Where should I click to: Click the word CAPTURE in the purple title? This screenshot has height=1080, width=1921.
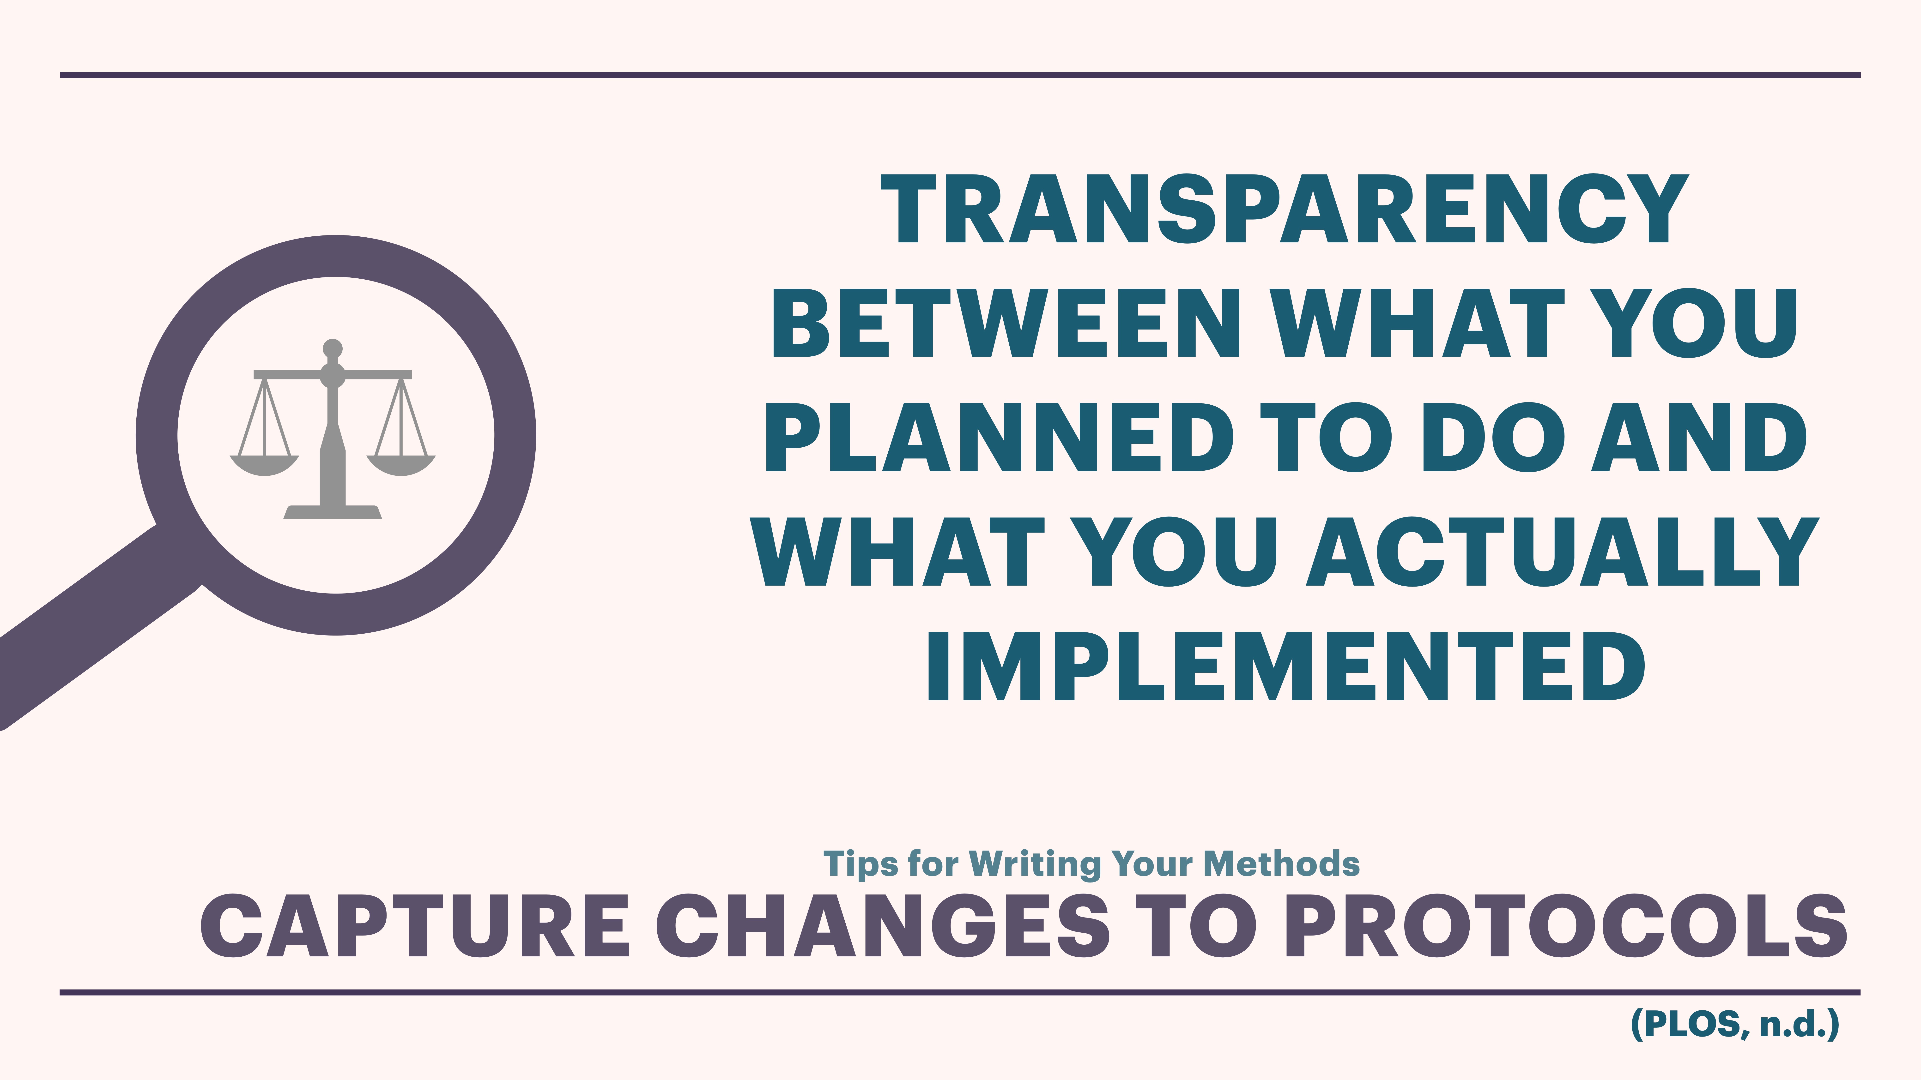(x=414, y=926)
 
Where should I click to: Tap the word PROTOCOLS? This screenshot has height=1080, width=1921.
(x=1564, y=926)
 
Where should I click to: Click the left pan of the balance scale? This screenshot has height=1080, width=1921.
(x=265, y=465)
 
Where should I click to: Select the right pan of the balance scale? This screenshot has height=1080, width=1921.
(x=401, y=465)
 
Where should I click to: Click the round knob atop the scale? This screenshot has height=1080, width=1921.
(x=333, y=348)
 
